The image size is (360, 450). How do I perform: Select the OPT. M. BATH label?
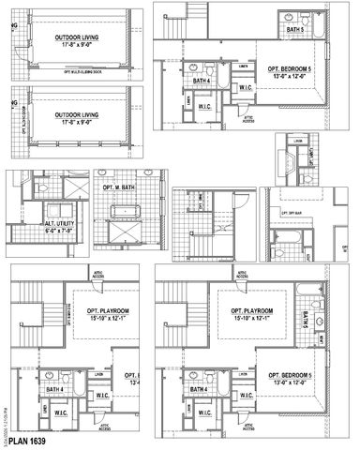(119, 187)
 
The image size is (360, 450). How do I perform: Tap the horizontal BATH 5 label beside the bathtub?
(295, 31)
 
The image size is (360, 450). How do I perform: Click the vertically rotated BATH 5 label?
(306, 318)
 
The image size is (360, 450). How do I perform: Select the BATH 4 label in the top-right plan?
(201, 82)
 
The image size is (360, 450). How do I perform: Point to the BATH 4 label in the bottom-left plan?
(53, 389)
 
